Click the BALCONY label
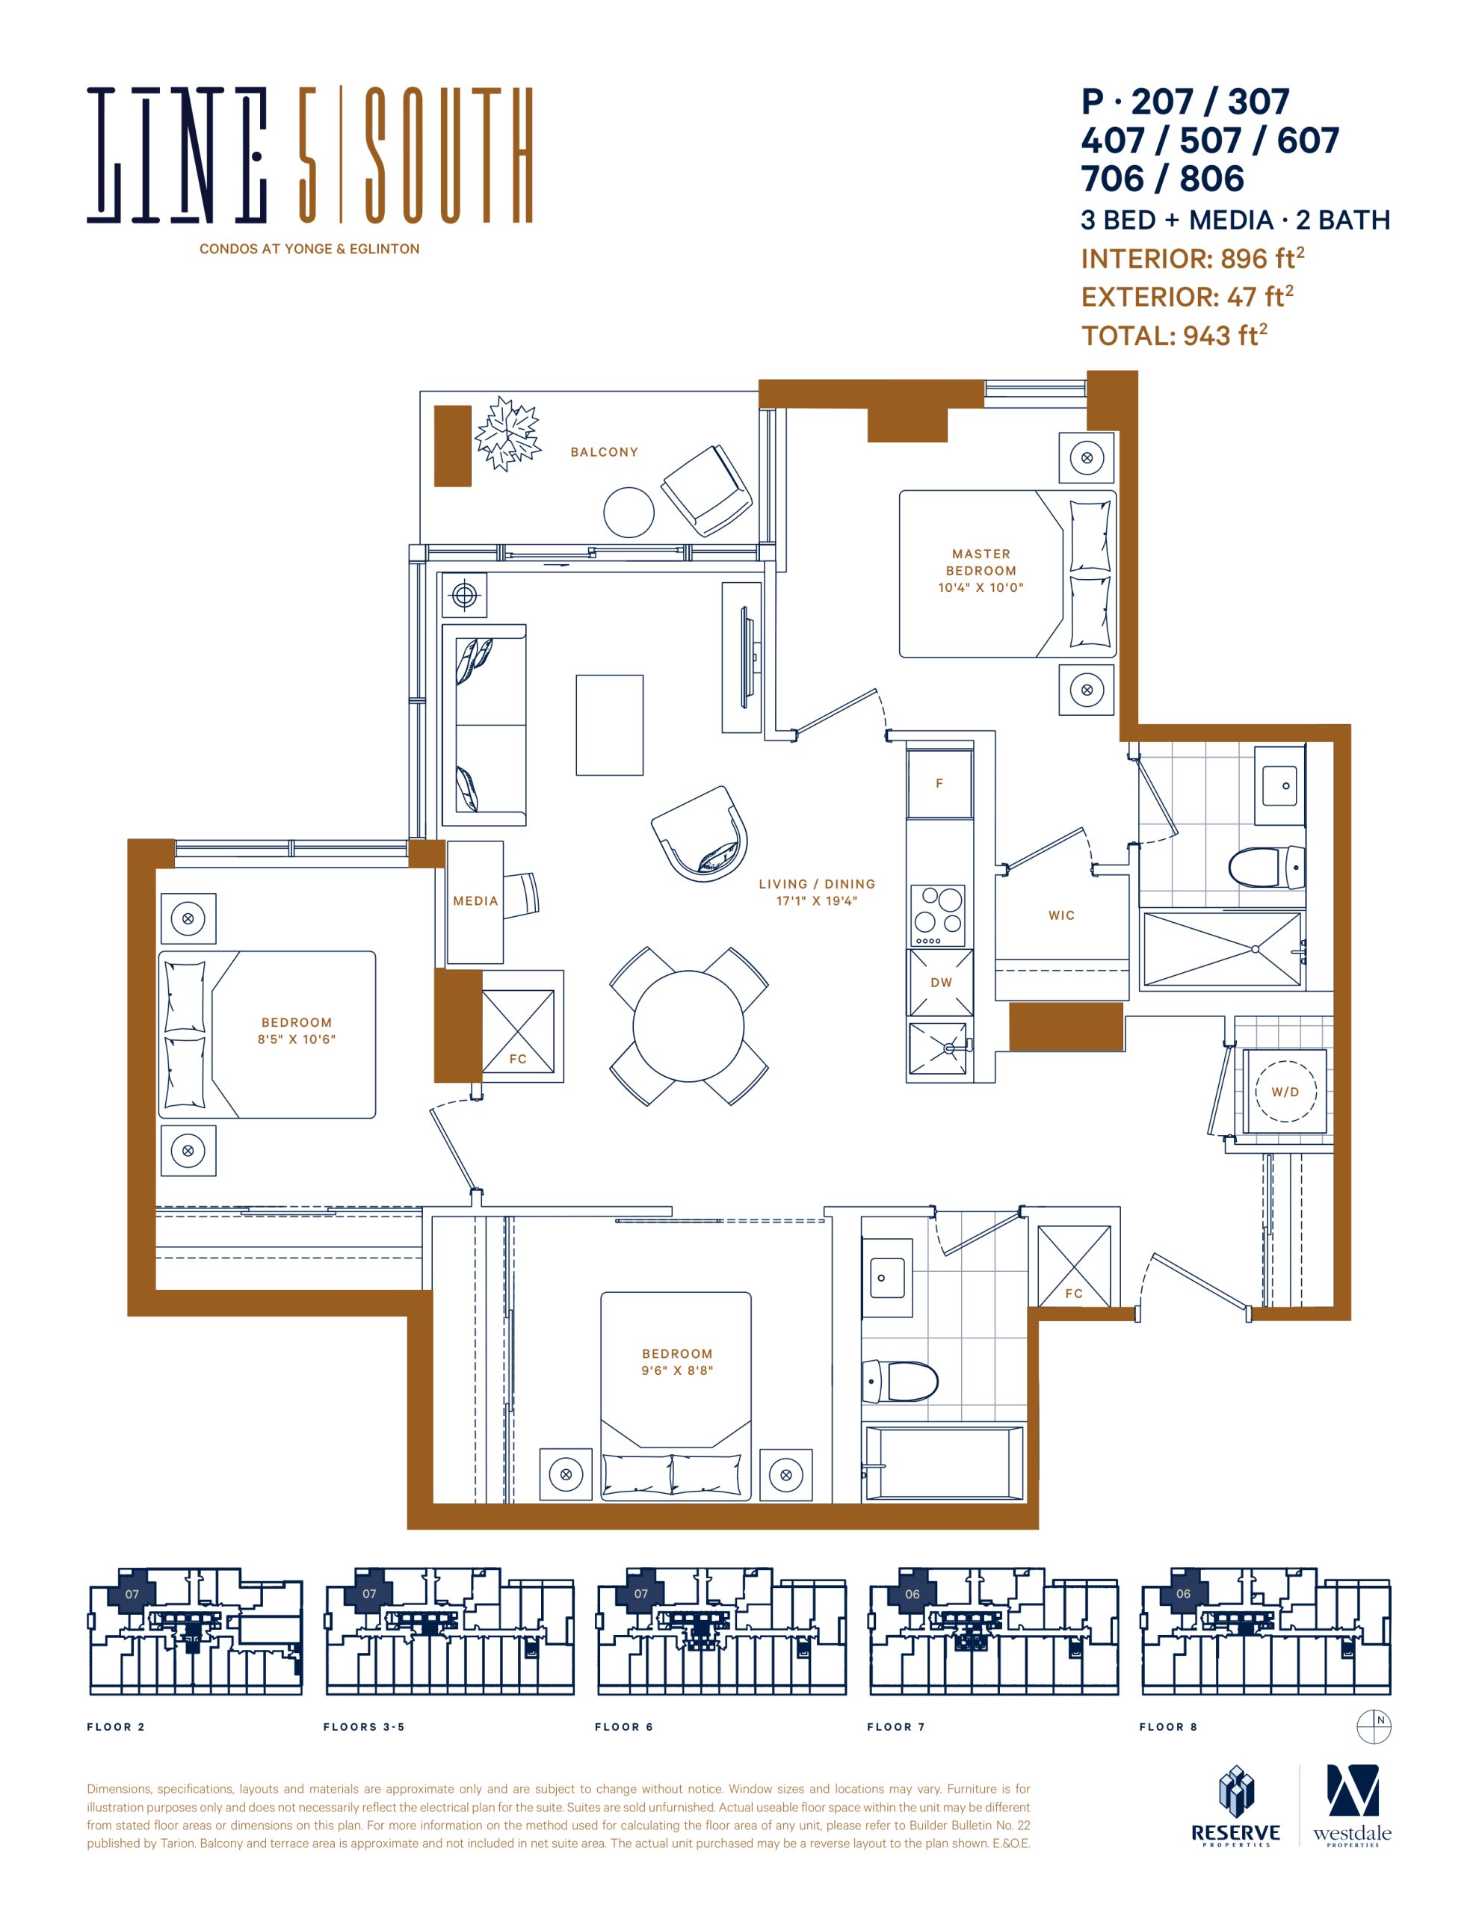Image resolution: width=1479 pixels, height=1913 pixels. (x=604, y=452)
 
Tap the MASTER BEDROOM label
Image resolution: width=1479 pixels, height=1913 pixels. (x=981, y=563)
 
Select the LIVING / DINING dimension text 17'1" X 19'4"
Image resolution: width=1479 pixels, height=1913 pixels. (x=817, y=900)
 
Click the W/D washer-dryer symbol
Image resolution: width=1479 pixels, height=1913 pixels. (x=1285, y=1092)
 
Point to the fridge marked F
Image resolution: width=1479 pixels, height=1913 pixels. (x=939, y=784)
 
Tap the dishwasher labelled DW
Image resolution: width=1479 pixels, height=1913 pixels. (x=940, y=983)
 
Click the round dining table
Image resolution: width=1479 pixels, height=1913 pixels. (x=689, y=1026)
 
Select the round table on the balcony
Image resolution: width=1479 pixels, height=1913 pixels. (x=629, y=512)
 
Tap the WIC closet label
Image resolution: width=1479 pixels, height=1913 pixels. (x=1061, y=915)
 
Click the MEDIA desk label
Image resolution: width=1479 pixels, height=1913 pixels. (x=475, y=900)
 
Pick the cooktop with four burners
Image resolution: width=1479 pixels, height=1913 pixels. (x=939, y=915)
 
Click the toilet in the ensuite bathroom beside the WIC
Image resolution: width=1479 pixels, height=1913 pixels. (x=1266, y=867)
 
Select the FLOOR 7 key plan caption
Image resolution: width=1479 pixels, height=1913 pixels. (x=895, y=1726)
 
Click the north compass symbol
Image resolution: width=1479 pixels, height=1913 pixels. (x=1374, y=1725)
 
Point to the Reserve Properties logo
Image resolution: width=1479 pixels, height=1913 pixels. (x=1235, y=1806)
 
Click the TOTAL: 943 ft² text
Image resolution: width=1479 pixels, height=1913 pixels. (x=1174, y=335)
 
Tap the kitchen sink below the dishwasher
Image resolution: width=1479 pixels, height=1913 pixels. (x=939, y=1048)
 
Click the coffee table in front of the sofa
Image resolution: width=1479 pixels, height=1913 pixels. (x=609, y=726)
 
